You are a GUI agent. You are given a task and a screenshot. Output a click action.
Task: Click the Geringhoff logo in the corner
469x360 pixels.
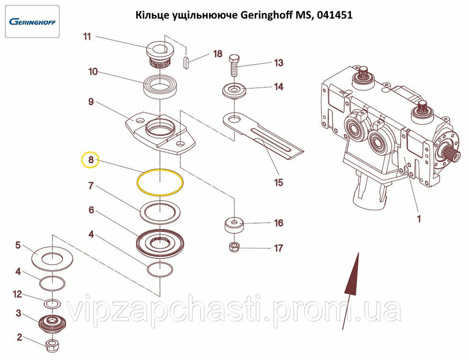pyautogui.click(x=32, y=22)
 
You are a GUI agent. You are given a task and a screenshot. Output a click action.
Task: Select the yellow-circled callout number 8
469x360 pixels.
pyautogui.click(x=91, y=160)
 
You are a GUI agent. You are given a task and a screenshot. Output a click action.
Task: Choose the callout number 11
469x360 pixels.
pyautogui.click(x=87, y=37)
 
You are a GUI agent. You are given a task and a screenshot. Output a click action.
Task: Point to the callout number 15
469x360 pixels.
pyautogui.click(x=279, y=182)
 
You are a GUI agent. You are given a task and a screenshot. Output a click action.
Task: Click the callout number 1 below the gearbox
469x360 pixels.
pyautogui.click(x=419, y=218)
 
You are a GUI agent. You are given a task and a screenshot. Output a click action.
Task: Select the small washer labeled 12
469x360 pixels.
pyautogui.click(x=53, y=303)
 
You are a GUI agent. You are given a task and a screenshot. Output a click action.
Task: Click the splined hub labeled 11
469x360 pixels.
pyautogui.click(x=159, y=57)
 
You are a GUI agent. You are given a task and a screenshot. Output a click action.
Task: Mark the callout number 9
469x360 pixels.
pyautogui.click(x=91, y=102)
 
